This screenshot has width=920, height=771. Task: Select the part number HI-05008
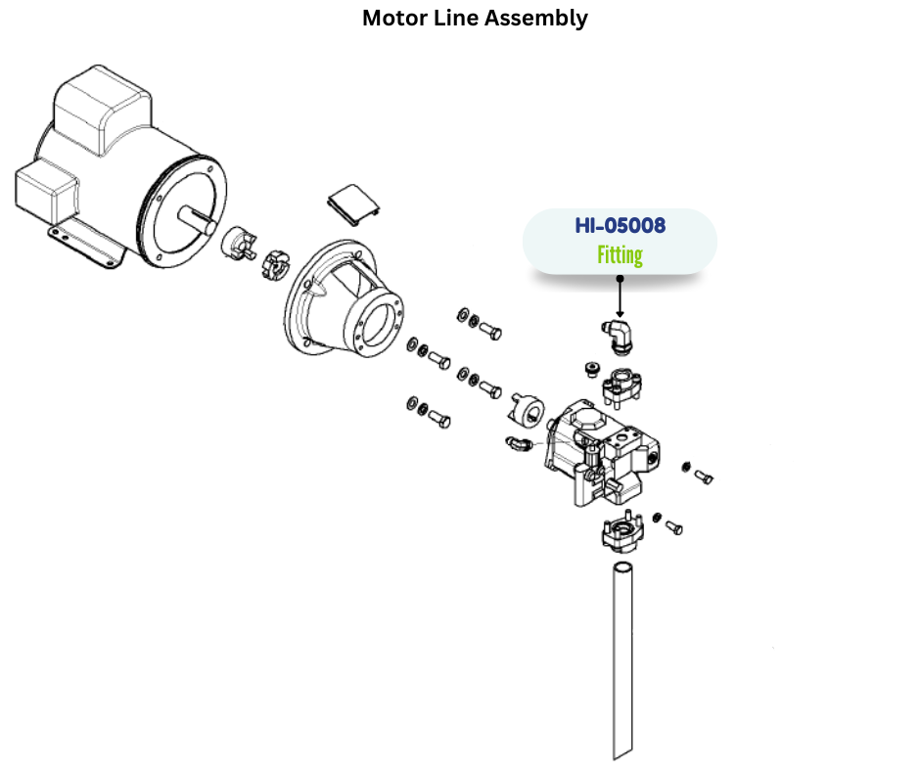pos(621,226)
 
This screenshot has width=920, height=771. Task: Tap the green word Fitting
pos(621,256)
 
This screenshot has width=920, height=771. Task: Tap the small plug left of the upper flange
pos(589,369)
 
